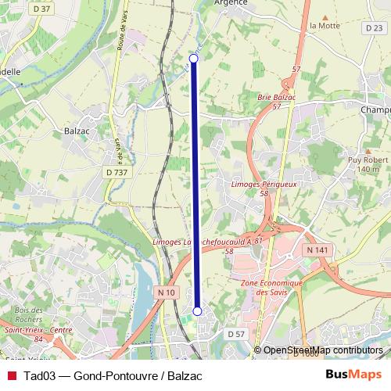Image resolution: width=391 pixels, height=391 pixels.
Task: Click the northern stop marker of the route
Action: (194, 59)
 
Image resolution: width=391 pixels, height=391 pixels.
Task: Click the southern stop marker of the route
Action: (197, 311)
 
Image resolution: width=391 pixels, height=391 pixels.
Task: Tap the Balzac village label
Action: (81, 133)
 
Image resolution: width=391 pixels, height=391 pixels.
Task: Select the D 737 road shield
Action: (116, 172)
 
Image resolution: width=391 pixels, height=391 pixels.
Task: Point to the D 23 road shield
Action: (373, 27)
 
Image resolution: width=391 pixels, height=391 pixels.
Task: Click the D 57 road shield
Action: (237, 334)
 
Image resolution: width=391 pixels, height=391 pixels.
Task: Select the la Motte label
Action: (322, 25)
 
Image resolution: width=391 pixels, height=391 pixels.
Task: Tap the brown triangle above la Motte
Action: (322, 15)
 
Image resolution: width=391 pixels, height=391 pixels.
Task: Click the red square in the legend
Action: (11, 375)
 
